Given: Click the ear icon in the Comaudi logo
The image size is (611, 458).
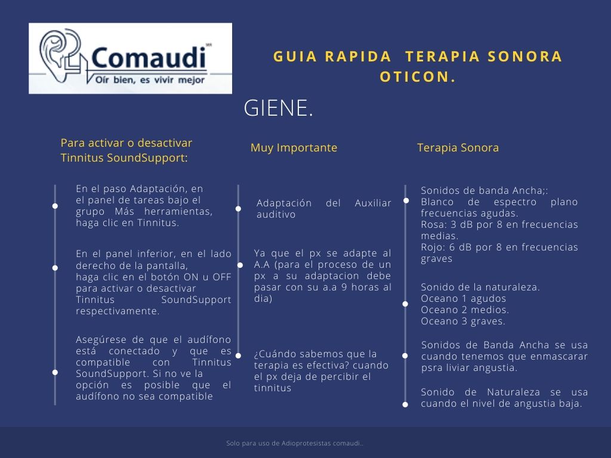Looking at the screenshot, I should coord(57,57).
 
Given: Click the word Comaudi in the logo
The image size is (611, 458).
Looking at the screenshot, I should coord(149,58).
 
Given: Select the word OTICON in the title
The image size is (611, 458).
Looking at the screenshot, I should coord(418,76).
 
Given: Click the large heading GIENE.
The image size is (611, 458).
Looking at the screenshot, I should coord(278,109).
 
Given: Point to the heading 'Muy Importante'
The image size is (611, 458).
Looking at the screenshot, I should coord(294,148).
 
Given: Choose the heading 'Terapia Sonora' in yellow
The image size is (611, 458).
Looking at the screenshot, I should coord(458,148).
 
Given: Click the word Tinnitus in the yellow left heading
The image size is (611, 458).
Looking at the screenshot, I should coord(82,158).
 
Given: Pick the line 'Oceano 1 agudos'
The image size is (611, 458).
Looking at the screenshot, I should coord(463,299).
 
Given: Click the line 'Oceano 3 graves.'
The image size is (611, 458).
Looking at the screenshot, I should coord(463,321).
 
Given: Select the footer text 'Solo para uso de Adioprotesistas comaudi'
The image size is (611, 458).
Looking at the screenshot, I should coord(295,444).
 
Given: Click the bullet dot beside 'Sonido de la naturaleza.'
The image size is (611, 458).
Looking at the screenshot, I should coord(405,304).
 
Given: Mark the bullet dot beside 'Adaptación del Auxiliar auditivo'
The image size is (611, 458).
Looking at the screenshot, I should coord(238,209).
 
